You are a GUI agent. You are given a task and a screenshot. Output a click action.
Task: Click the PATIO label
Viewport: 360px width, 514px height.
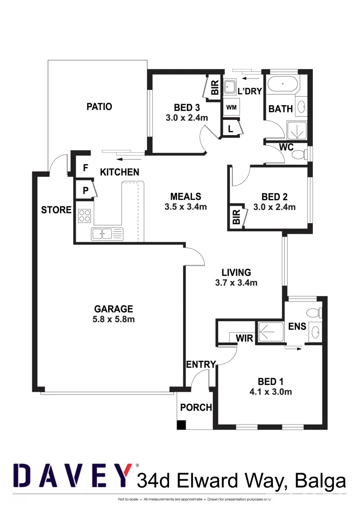99,107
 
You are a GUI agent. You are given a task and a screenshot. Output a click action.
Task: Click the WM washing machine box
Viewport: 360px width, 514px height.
231,107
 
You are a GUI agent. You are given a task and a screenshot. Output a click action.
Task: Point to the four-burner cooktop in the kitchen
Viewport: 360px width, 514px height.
85,216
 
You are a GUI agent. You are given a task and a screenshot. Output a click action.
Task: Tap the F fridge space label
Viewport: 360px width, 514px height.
86,168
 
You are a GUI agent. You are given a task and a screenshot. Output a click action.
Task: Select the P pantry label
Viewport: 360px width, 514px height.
86,190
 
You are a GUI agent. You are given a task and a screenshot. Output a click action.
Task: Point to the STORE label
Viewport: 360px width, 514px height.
56,210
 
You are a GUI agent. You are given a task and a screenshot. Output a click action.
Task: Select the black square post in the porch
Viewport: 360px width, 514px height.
181,425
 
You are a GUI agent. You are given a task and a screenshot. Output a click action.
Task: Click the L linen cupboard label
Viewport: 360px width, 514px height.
230,128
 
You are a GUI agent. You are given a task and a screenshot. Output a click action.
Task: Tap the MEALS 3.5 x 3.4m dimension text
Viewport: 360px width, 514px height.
186,207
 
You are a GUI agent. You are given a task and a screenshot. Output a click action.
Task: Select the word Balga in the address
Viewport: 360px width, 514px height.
320,481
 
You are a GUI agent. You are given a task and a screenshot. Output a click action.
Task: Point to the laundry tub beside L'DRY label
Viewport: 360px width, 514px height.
230,87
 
